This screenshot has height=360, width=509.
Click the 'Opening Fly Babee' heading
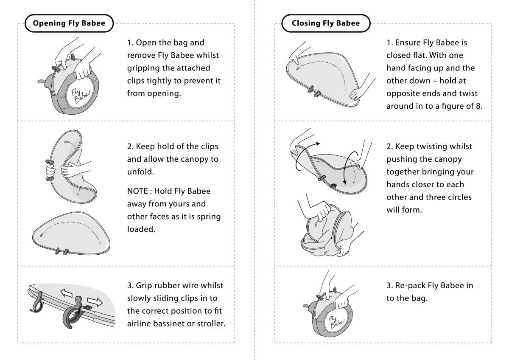pyautogui.click(x=69, y=23)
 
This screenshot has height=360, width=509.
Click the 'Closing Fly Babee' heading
pyautogui.click(x=326, y=23)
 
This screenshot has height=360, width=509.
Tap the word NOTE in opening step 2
pyautogui.click(x=137, y=191)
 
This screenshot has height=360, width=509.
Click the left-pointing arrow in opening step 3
pyautogui.click(x=66, y=293)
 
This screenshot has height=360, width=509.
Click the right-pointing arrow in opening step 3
pyautogui.click(x=95, y=302)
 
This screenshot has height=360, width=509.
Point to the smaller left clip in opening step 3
pyautogui.click(x=37, y=302)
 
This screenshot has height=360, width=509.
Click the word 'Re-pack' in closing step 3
pyautogui.click(x=410, y=286)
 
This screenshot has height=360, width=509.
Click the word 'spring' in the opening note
pyautogui.click(x=209, y=217)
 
